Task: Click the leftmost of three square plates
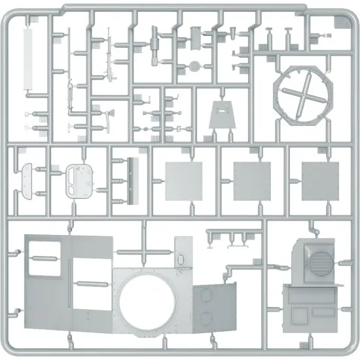pyautogui.click(x=181, y=179)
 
